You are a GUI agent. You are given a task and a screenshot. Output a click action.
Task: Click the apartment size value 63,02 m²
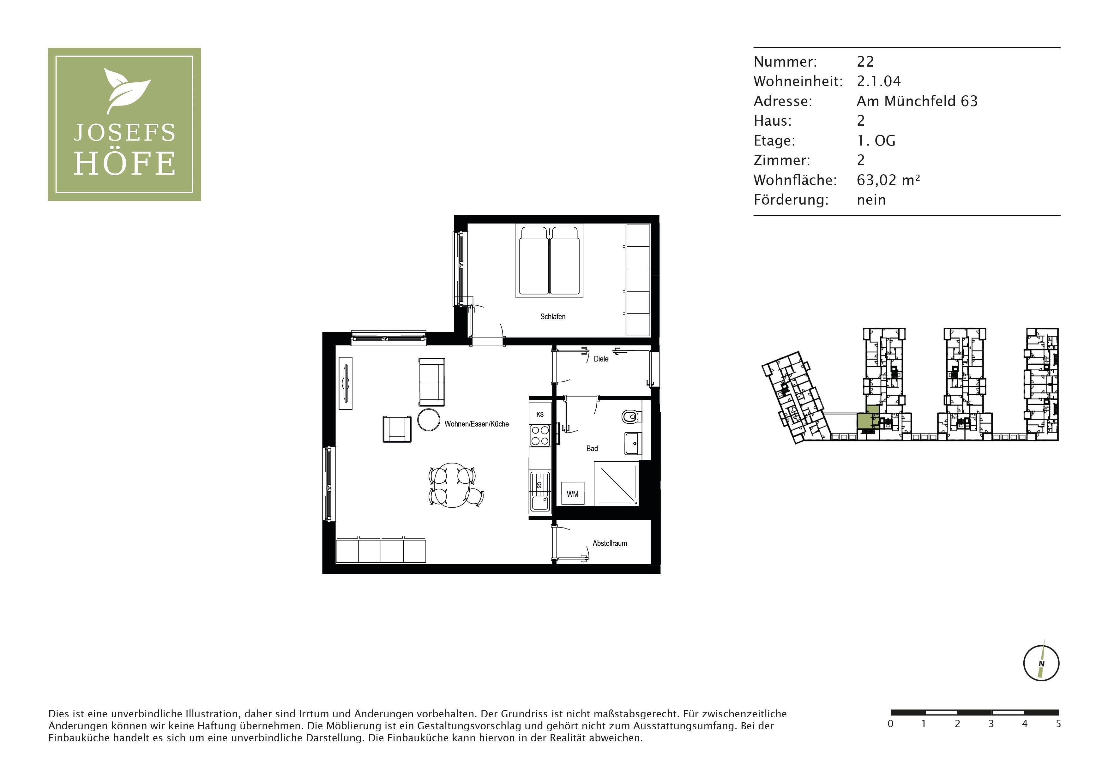(x=888, y=180)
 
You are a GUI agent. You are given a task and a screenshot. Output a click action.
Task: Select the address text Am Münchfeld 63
(x=917, y=101)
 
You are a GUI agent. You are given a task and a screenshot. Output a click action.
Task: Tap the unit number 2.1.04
(x=879, y=81)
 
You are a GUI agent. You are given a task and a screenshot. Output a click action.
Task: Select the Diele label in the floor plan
(x=601, y=359)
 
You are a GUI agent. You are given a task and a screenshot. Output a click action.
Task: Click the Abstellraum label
(x=610, y=543)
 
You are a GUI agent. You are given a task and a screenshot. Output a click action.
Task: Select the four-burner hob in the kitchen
(x=540, y=436)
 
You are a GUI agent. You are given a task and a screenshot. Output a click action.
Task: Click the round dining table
(x=453, y=485)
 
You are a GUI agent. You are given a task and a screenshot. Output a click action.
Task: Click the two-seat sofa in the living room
(x=431, y=382)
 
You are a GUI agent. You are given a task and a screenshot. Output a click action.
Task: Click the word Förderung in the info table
(x=791, y=200)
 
